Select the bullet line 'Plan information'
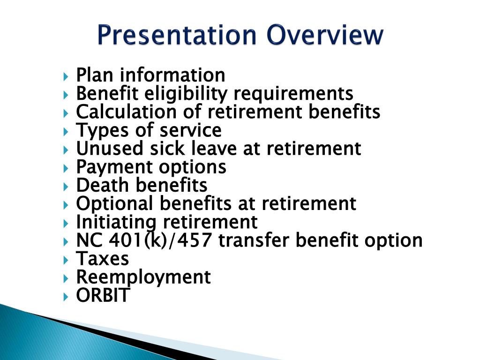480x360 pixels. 150,75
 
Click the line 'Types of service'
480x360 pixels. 149,130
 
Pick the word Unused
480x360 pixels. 103,149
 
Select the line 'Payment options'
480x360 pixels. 151,167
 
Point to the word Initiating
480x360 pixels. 116,222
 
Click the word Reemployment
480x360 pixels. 143,277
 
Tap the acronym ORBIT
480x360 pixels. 102,295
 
